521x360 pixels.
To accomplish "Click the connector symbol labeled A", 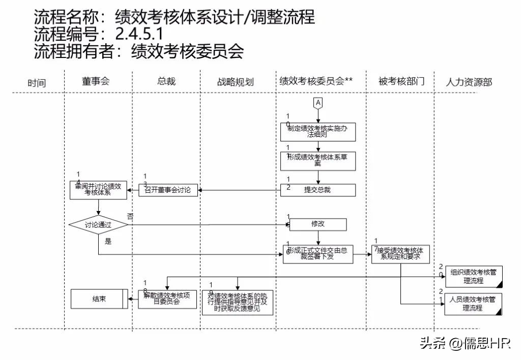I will pos(319,103).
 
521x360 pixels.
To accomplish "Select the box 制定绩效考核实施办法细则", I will pos(318,132).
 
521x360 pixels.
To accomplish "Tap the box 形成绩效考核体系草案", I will pos(318,161).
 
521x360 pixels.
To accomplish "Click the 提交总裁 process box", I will pos(318,190).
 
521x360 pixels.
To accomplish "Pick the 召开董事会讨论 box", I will pos(168,190).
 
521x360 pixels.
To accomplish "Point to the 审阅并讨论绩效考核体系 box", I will pos(98,190).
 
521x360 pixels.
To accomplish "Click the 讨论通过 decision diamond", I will pos(98,224).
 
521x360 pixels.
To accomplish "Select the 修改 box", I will pos(318,224).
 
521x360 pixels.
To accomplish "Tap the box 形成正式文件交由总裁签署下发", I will pos(318,254).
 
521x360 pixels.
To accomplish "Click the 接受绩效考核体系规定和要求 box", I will pos(399,253).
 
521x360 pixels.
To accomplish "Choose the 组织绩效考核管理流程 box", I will pos(473,277).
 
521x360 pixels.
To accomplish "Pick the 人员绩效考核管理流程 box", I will pos(473,304).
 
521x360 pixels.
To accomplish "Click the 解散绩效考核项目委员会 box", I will pos(167,299).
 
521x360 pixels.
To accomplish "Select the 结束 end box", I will pos(99,299).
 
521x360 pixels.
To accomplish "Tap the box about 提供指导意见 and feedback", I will pos(238,303).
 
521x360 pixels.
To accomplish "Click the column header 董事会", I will pos(96,81).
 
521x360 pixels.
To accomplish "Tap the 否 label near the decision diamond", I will pos(130,216).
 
